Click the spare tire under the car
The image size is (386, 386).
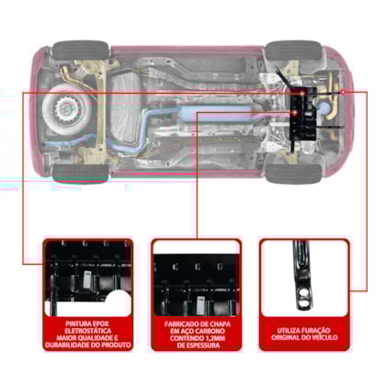67,108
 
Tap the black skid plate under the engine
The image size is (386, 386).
303,115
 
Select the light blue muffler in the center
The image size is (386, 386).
215,114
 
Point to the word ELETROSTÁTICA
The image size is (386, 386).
87,331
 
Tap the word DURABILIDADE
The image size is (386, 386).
66,346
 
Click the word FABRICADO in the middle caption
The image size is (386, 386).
183,324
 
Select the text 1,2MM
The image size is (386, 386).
214,338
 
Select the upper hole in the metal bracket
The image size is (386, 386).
303,293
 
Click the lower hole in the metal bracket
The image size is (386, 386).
303,303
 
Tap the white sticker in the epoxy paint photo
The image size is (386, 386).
87,279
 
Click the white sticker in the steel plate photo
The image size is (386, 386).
200,304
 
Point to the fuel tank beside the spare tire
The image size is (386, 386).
126,108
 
